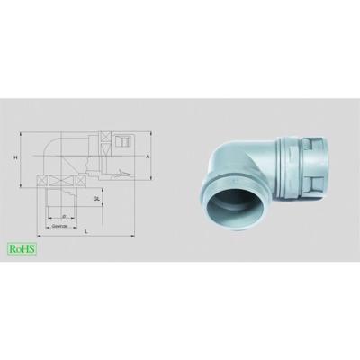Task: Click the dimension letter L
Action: [x=86, y=232]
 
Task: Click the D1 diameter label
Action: [x=66, y=216]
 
